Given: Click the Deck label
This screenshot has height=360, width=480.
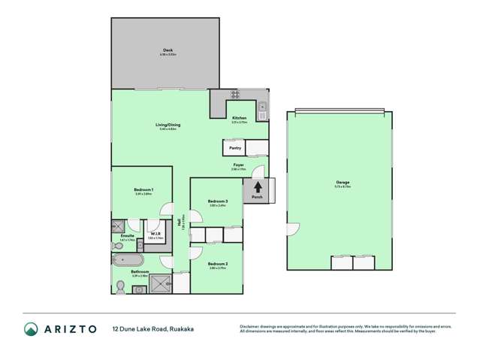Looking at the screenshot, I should pyautogui.click(x=167, y=50).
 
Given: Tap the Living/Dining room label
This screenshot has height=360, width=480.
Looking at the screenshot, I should pyautogui.click(x=168, y=125).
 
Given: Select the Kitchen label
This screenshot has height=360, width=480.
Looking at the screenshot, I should pyautogui.click(x=239, y=118).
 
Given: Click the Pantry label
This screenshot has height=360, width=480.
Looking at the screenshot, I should pyautogui.click(x=235, y=148).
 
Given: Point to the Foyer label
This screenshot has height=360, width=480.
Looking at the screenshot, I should pyautogui.click(x=237, y=165).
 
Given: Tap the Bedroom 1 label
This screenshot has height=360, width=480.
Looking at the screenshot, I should pyautogui.click(x=143, y=189).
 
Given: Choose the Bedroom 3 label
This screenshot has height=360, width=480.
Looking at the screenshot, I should pyautogui.click(x=218, y=201).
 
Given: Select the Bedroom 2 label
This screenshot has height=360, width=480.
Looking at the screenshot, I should pyautogui.click(x=218, y=264).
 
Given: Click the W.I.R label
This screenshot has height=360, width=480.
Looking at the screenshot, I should pyautogui.click(x=154, y=234).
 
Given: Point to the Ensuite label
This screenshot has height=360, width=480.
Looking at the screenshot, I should pyautogui.click(x=127, y=235).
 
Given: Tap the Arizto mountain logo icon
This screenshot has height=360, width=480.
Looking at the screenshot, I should pyautogui.click(x=32, y=329).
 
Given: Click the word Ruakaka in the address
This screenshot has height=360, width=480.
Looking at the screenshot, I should pyautogui.click(x=185, y=329).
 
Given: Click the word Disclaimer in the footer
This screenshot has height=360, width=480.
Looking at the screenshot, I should pyautogui.click(x=249, y=325).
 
